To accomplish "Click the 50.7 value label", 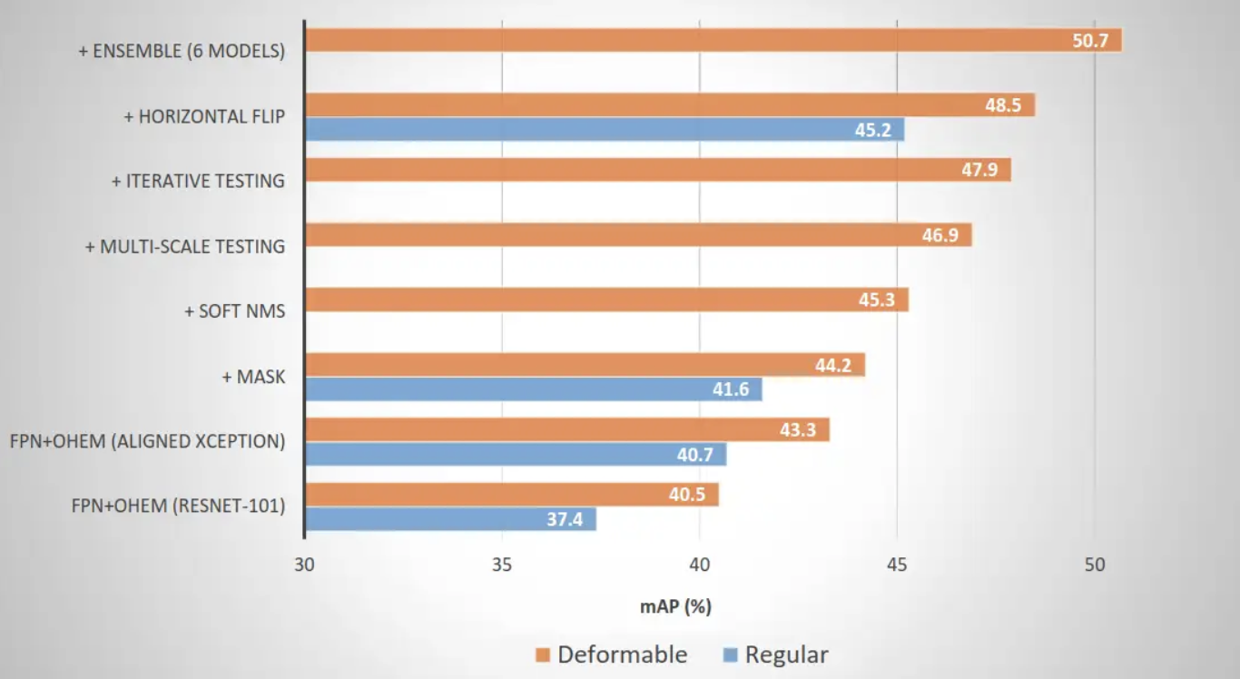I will pyautogui.click(x=1090, y=41).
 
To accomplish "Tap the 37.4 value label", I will pyautogui.click(x=564, y=520).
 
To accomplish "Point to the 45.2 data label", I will pyautogui.click(x=872, y=130).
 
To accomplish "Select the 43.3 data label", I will pyautogui.click(x=798, y=430).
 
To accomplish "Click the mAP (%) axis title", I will pyautogui.click(x=675, y=607).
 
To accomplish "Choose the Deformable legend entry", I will pyautogui.click(x=622, y=654).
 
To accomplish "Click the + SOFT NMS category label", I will pyautogui.click(x=234, y=311).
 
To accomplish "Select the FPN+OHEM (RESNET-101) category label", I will pyautogui.click(x=178, y=507).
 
